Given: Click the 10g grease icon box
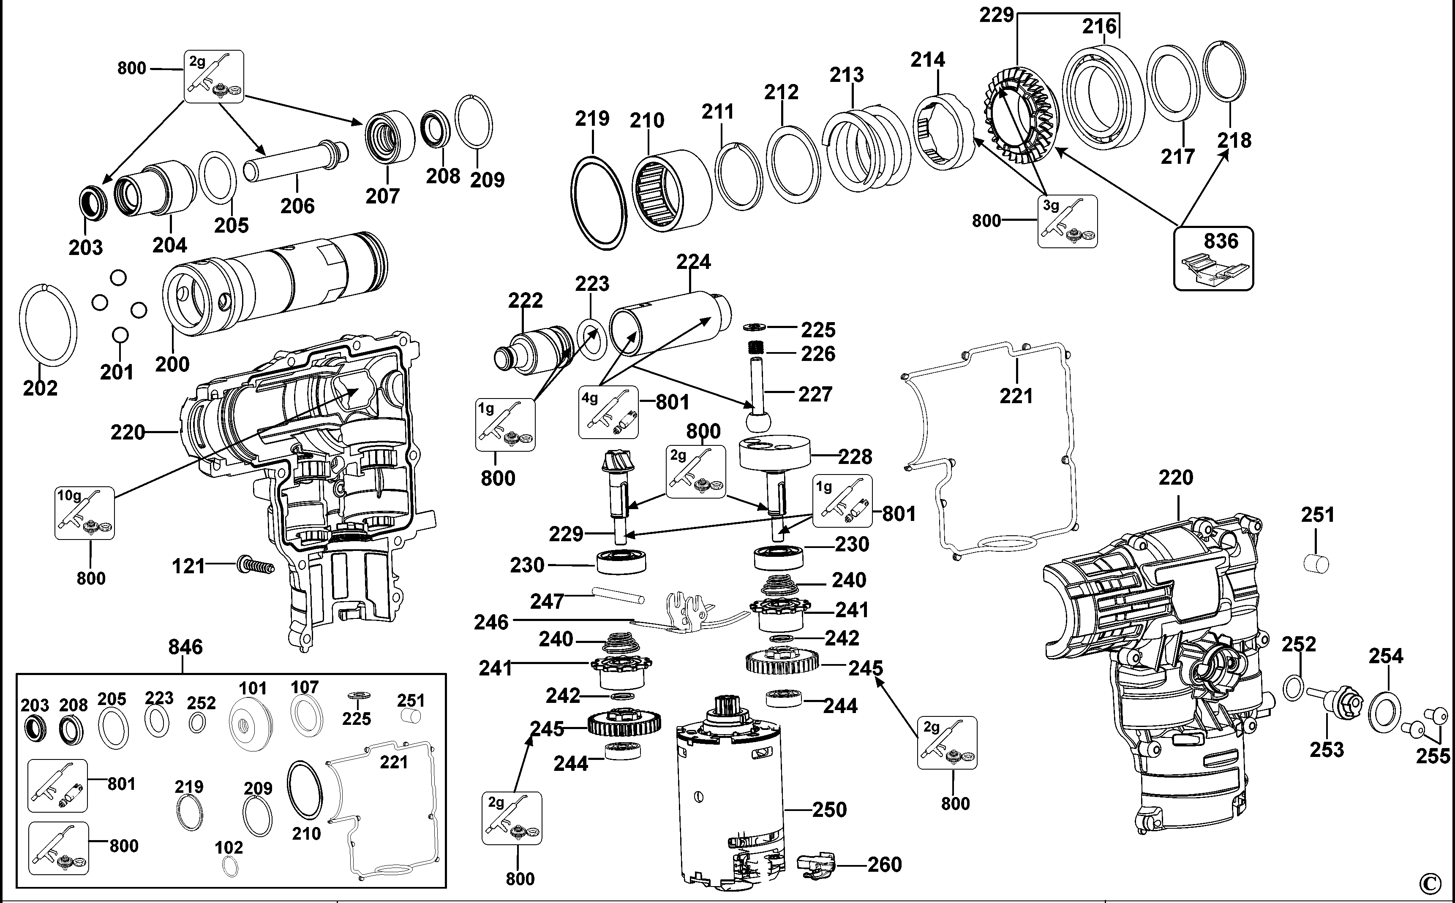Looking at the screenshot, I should point(85,513).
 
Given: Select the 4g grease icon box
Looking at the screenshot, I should point(608,412).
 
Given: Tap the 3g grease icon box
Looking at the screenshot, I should point(1067,221).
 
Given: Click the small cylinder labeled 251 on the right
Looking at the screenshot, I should point(1315,563).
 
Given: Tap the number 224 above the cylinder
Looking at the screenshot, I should point(693,262).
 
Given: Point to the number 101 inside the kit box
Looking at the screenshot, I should point(253,688).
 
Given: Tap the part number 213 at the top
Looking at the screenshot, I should point(846,75).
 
